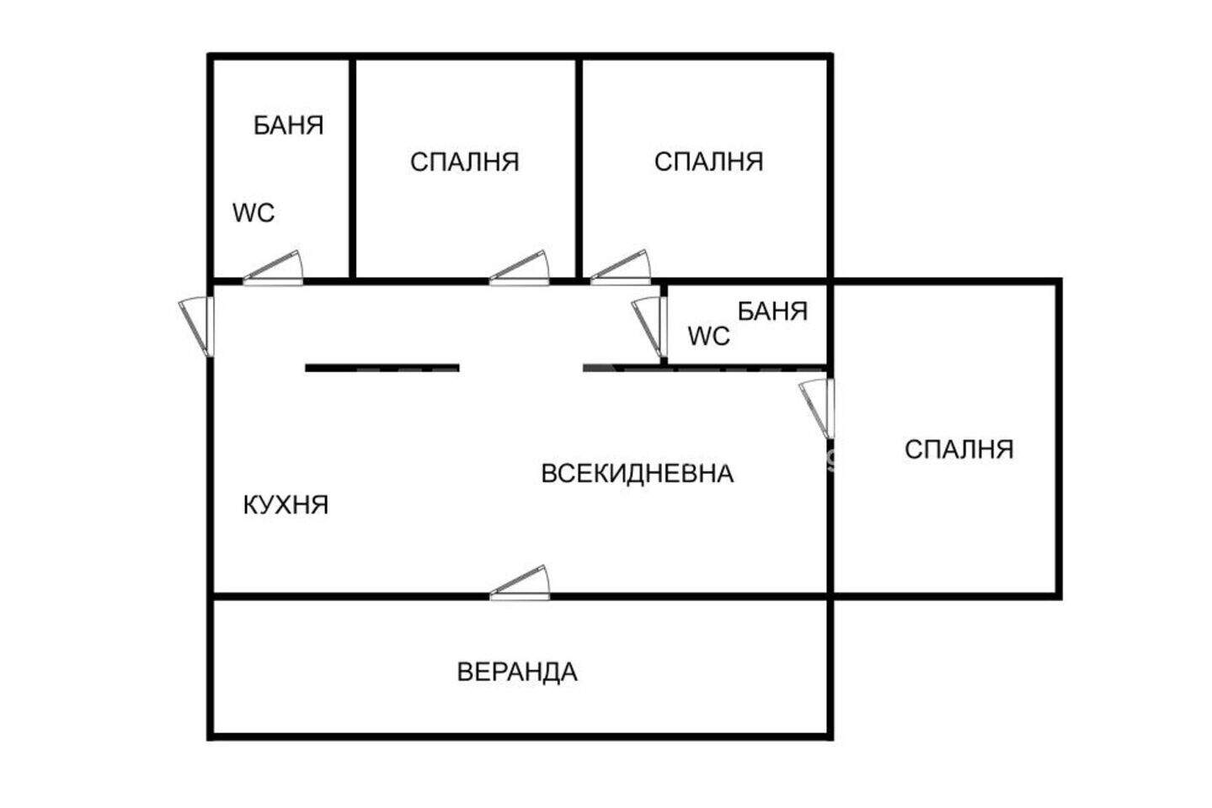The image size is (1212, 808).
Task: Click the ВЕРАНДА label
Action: pos(517,672)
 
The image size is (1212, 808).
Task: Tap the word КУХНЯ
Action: pos(286,505)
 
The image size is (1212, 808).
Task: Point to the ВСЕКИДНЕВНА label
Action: pos(637,474)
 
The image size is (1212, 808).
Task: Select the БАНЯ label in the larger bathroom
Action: pos(288,125)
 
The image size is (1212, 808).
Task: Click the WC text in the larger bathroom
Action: pos(254,213)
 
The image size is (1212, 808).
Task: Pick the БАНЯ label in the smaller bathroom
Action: pos(772,311)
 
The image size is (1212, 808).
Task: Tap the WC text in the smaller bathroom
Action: pos(709,337)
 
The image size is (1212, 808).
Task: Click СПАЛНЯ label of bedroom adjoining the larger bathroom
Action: pos(464,162)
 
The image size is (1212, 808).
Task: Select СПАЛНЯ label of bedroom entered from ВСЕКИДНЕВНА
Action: pos(958,449)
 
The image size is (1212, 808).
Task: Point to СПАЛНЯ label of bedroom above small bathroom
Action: pos(708,162)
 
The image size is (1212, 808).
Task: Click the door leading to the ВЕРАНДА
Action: pos(520,583)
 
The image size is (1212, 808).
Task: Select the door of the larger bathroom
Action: pos(273,268)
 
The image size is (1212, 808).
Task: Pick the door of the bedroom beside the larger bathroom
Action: pos(520,268)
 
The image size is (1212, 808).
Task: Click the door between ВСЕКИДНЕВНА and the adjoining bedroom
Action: pos(816,408)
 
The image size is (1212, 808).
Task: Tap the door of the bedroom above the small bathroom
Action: pos(621,267)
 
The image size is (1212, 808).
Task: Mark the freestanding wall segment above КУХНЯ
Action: pos(382,369)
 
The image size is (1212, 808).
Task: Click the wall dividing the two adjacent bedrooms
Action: pos(579,168)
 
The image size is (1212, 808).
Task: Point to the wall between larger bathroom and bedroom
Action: pos(352,168)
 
